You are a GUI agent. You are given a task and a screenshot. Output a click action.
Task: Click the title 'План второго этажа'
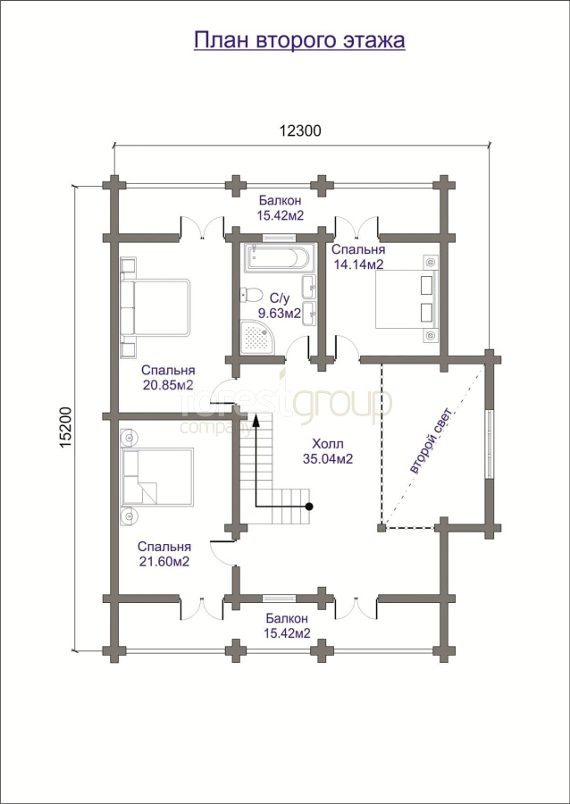pos(299,41)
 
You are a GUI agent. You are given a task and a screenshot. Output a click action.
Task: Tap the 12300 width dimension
pos(300,130)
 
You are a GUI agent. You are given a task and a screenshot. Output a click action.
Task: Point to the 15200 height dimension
pos(66,429)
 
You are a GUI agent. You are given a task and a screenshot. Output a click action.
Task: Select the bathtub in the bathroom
pos(277,259)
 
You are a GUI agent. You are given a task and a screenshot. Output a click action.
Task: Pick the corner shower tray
pos(259,338)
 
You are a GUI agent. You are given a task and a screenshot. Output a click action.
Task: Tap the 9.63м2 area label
pos(280,313)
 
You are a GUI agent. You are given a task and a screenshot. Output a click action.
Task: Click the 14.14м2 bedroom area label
pos(358,264)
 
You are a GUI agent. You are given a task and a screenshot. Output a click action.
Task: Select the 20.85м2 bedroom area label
pos(168,385)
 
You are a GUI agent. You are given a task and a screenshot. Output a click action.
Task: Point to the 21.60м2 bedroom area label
pos(164,562)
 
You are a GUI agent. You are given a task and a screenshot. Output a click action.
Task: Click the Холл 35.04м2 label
pos(328,451)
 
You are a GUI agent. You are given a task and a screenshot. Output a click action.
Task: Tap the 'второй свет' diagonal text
pos(432,440)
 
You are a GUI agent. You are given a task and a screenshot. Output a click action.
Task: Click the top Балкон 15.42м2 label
pos(281,207)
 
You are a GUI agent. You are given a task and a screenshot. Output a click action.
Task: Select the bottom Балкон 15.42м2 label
pos(287,625)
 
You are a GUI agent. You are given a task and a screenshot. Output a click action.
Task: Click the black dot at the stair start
pos(309,507)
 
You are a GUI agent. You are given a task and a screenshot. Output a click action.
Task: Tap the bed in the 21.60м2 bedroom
pos(156,478)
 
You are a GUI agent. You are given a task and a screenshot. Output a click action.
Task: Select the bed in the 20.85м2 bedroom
pos(155,307)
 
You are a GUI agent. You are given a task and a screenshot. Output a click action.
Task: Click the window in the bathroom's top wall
pos(279,238)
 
